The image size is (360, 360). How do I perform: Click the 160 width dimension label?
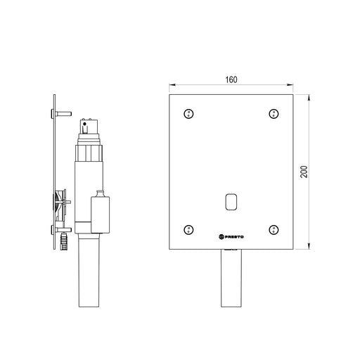pos(231,79)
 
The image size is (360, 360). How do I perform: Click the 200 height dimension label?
pos(304,172)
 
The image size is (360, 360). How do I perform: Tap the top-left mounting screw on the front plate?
pos(188,114)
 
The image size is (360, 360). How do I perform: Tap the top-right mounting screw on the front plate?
pos(274,114)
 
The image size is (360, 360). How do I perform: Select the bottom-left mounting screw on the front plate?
pos(188,230)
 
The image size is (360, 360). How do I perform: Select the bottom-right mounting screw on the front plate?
pos(274,230)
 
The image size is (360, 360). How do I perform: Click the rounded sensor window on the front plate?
pos(231,202)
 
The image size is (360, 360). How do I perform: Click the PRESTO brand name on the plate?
pos(231,237)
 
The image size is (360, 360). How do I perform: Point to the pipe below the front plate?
pos(231,278)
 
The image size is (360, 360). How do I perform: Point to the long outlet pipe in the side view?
pos(89,270)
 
